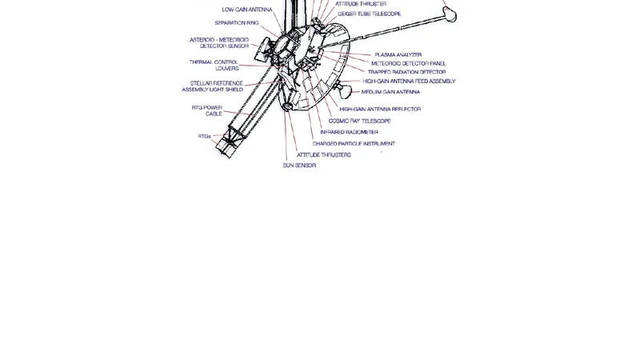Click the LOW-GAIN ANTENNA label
(x=247, y=10)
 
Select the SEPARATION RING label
(x=236, y=23)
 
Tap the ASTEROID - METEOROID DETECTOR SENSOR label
(x=218, y=43)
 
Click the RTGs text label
(x=204, y=137)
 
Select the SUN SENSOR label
(x=299, y=166)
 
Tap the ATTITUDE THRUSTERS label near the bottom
(x=323, y=154)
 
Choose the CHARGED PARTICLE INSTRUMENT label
(x=353, y=144)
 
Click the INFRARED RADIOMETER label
(x=349, y=132)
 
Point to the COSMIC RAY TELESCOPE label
(x=359, y=121)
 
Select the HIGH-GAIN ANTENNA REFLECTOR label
(x=380, y=109)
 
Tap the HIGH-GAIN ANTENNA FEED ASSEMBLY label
(x=409, y=82)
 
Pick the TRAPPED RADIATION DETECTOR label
(x=406, y=72)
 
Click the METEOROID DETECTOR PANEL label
(x=408, y=63)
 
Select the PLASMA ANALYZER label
(x=398, y=54)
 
